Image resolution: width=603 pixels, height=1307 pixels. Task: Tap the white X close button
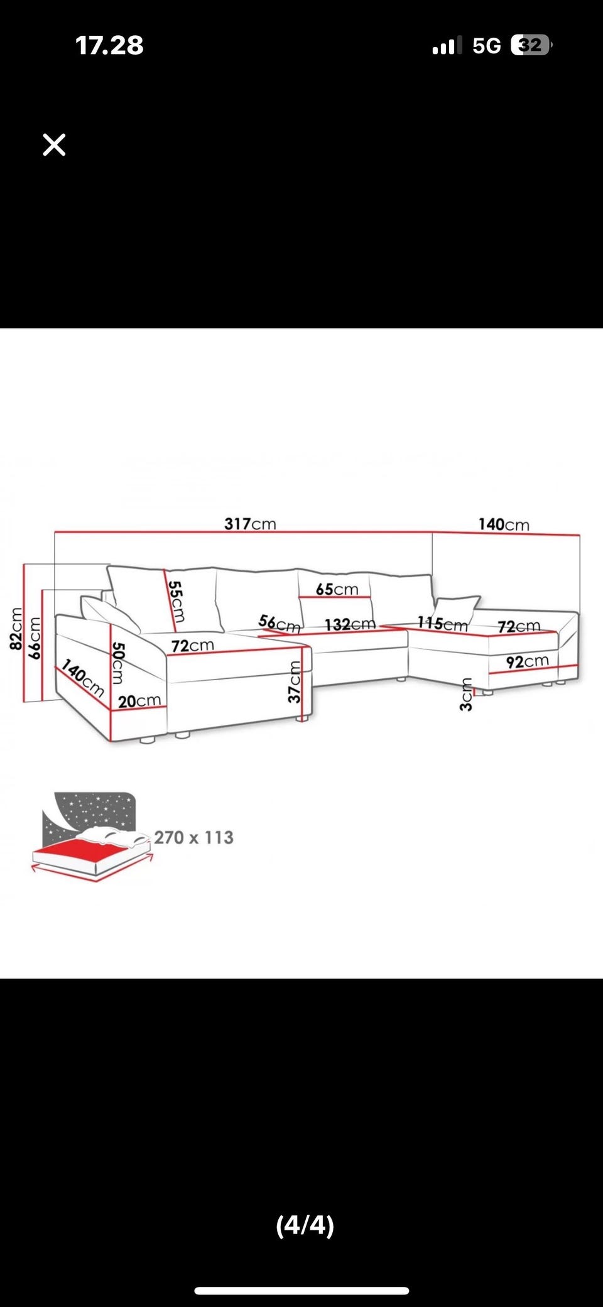coord(54,144)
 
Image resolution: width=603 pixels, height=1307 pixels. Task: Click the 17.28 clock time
coord(109,45)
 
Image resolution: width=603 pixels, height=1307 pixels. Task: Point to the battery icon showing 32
coord(531,45)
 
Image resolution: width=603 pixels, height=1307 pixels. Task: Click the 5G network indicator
coord(487,46)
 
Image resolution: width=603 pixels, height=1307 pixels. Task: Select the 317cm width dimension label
coord(250,524)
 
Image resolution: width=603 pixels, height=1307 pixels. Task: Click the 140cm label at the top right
coord(504,524)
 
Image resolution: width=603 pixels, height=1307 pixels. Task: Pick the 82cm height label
coord(16,628)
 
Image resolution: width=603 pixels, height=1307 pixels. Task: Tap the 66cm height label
coord(35,637)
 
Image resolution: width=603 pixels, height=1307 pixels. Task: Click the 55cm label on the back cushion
coord(176,602)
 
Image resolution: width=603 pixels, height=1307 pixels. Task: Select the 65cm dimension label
coord(337,589)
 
